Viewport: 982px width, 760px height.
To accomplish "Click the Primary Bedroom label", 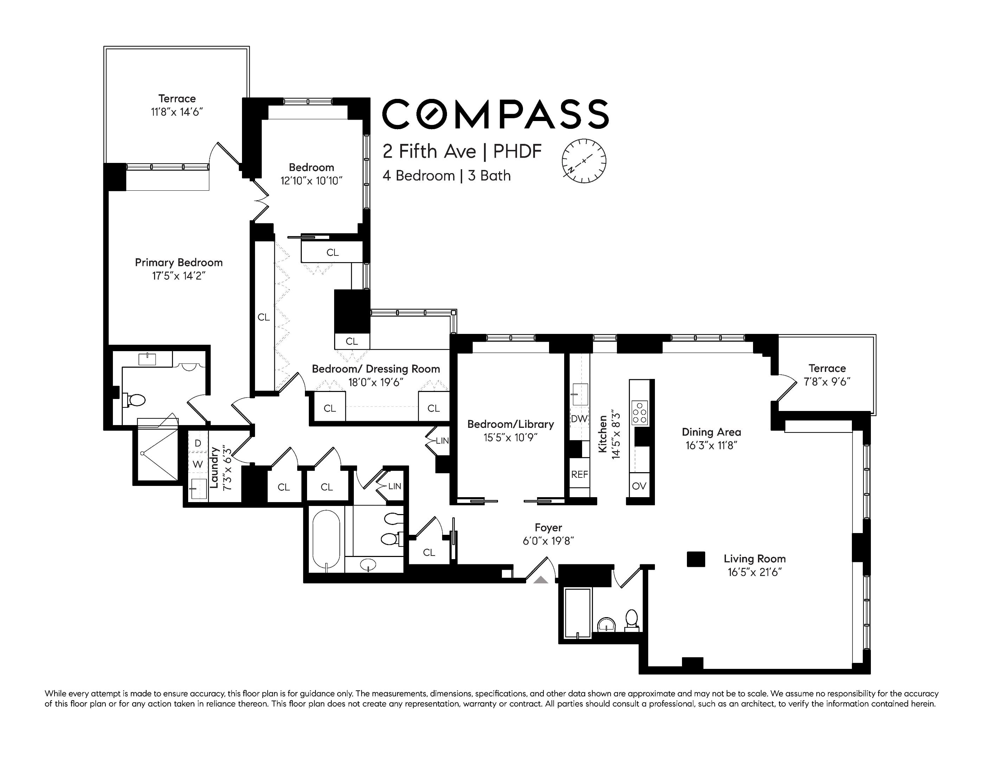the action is pyautogui.click(x=179, y=262).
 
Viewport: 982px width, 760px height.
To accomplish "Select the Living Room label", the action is pyautogui.click(x=754, y=559).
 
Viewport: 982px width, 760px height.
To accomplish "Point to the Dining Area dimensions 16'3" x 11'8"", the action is pyautogui.click(x=711, y=446).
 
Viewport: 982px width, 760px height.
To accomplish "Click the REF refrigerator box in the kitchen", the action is pyautogui.click(x=580, y=474).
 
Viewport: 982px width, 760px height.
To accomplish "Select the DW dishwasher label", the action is pyautogui.click(x=579, y=419).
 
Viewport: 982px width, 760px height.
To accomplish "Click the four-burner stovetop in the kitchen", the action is pyautogui.click(x=639, y=413).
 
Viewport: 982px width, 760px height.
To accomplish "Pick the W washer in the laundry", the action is pyautogui.click(x=198, y=464).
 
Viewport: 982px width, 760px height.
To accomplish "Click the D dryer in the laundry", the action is pyautogui.click(x=198, y=443).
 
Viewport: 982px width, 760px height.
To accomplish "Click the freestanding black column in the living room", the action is pyautogui.click(x=696, y=559).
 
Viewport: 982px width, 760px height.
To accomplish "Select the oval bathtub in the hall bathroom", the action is pyautogui.click(x=326, y=540).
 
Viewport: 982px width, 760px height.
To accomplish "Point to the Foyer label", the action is pyautogui.click(x=548, y=527).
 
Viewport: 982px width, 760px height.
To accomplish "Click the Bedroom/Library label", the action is pyautogui.click(x=510, y=424).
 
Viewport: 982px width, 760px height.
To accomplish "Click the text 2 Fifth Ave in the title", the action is pyautogui.click(x=429, y=152).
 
